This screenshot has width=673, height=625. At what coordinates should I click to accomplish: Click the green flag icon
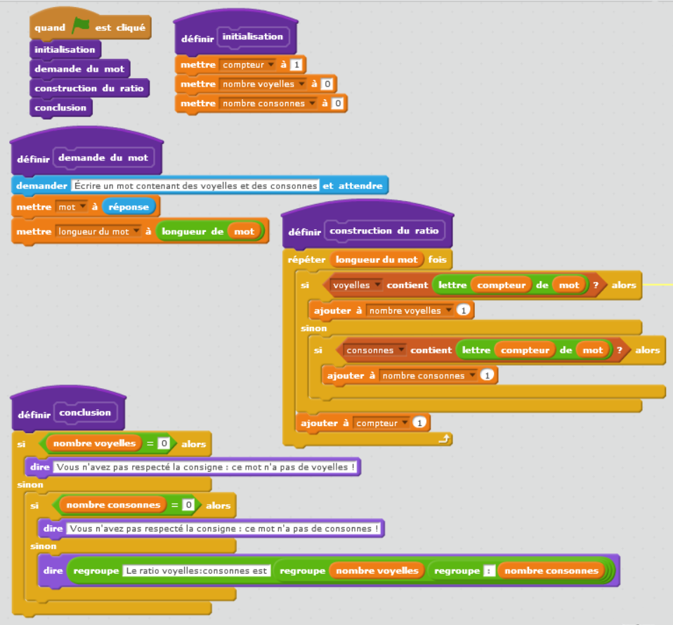pyautogui.click(x=81, y=27)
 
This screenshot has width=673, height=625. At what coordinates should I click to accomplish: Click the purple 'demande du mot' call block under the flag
pyautogui.click(x=79, y=69)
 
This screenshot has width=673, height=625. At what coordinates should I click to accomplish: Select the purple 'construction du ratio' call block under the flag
pyautogui.click(x=89, y=88)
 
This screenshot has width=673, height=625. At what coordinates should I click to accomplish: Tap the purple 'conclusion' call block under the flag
pyautogui.click(x=60, y=108)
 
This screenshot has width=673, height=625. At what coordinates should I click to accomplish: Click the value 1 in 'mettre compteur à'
pyautogui.click(x=296, y=65)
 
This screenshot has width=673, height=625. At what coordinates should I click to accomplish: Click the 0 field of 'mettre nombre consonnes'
pyautogui.click(x=337, y=103)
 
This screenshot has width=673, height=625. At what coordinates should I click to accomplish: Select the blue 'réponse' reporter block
pyautogui.click(x=129, y=207)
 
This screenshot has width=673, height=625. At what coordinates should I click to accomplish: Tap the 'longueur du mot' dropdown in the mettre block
pyautogui.click(x=98, y=231)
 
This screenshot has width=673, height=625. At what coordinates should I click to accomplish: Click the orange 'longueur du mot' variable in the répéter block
pyautogui.click(x=377, y=259)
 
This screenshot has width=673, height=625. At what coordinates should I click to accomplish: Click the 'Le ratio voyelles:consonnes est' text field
pyautogui.click(x=196, y=571)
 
